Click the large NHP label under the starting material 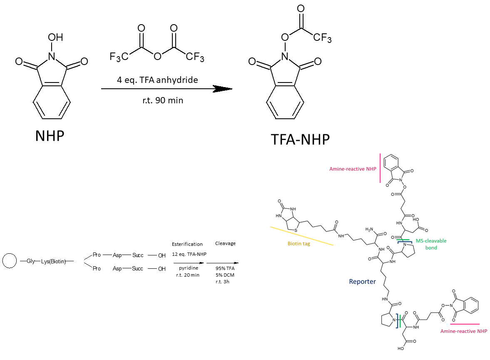point(50,135)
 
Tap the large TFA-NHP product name point(300,139)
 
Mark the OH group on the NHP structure point(55,37)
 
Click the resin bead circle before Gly point(9,261)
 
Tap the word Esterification point(187,244)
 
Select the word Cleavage point(225,243)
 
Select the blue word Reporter point(362,282)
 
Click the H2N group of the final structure point(370,229)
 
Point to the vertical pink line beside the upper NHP point(380,168)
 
